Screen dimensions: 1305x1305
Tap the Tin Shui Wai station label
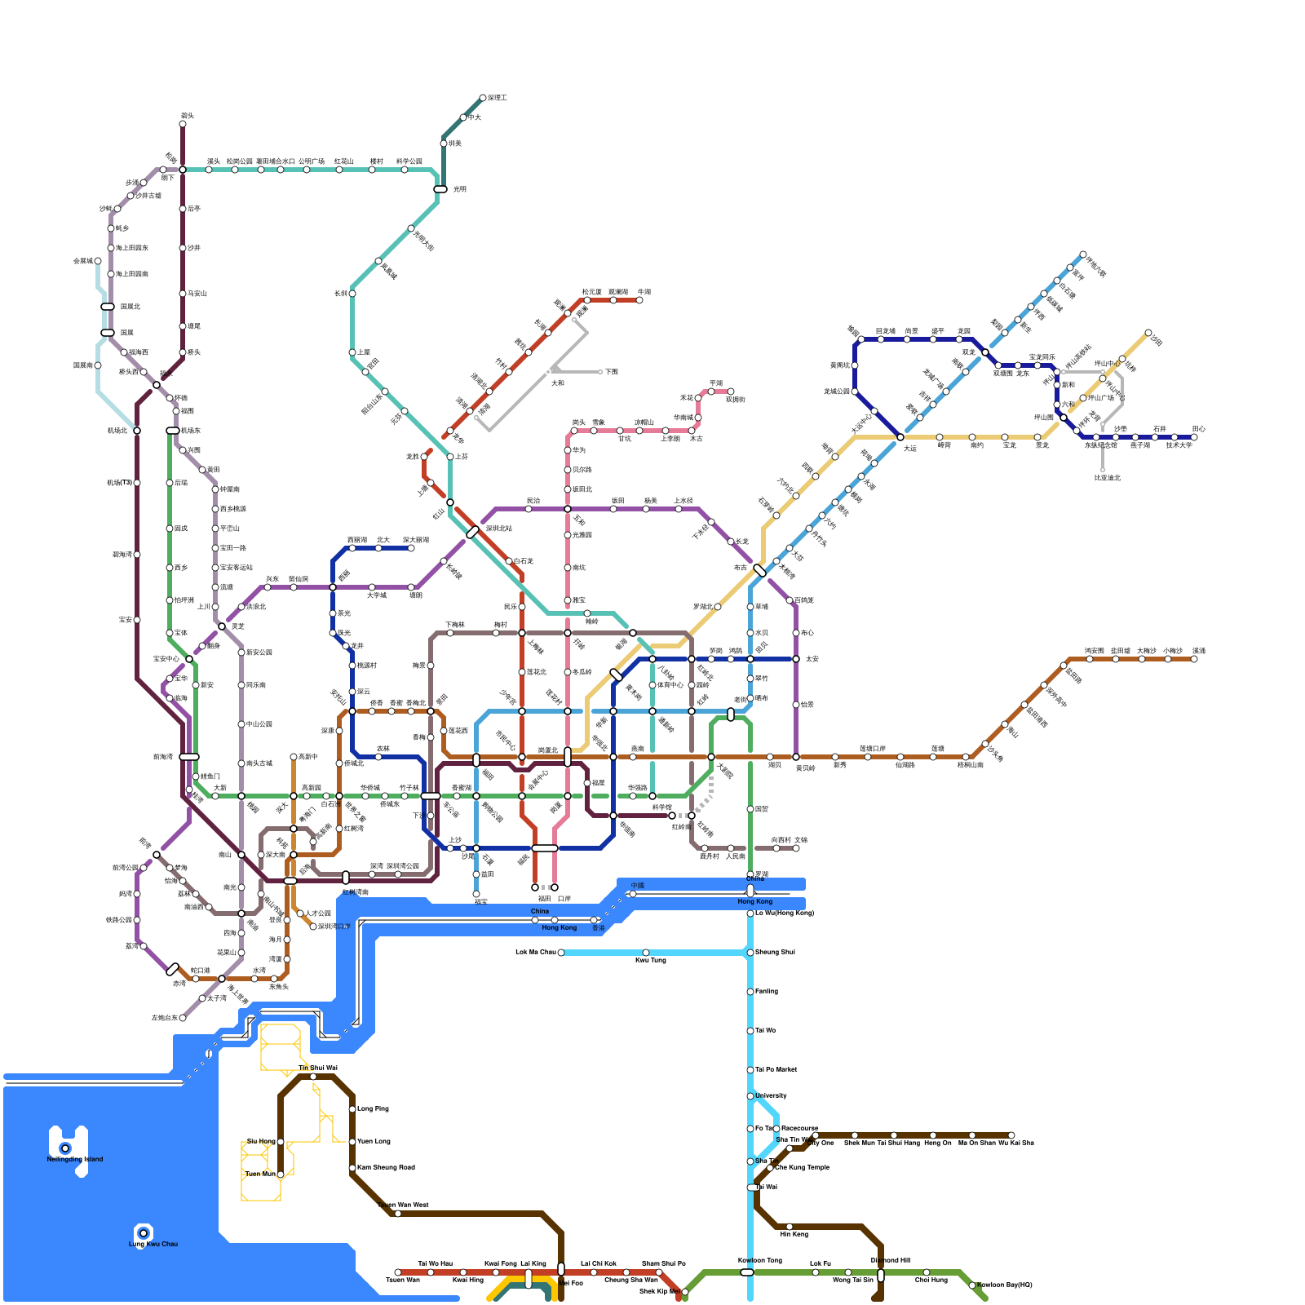click(x=317, y=1068)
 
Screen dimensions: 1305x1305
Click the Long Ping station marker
click(x=352, y=1109)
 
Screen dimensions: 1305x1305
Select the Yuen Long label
click(x=374, y=1141)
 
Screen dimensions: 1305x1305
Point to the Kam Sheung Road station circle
click(x=352, y=1168)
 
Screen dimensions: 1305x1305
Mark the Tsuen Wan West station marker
click(x=398, y=1214)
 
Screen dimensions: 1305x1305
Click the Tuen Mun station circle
click(x=281, y=1174)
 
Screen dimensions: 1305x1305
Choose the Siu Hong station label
click(x=261, y=1141)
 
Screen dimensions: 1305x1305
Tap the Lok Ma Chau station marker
click(x=561, y=953)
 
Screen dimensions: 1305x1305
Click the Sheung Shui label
click(x=775, y=952)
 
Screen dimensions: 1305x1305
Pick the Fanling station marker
click(x=750, y=992)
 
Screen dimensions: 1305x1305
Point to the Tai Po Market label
click(x=776, y=1069)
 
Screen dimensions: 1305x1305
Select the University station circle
click(x=750, y=1096)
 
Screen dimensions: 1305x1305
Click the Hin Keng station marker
click(x=790, y=1227)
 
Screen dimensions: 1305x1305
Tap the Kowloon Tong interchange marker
click(x=747, y=1272)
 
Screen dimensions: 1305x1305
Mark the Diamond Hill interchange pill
click(x=881, y=1275)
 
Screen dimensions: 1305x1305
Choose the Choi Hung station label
click(x=931, y=1280)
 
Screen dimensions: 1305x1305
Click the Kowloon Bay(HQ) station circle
click(x=972, y=1285)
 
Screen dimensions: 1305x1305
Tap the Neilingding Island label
click(x=75, y=1159)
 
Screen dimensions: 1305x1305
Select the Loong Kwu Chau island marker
click(x=144, y=1232)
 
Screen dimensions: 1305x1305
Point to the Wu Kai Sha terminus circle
click(x=1011, y=1135)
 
